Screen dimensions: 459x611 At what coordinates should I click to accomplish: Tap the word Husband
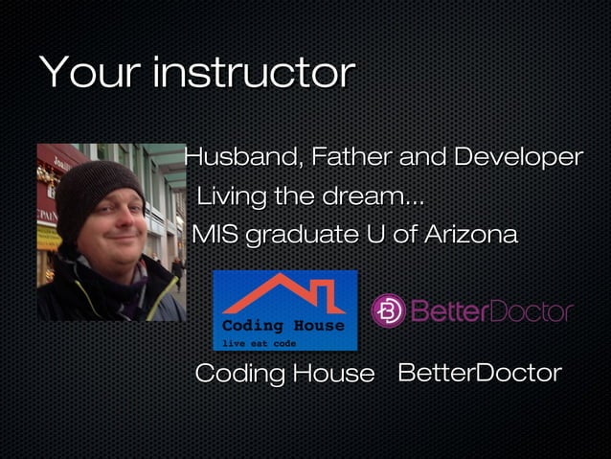pyautogui.click(x=238, y=156)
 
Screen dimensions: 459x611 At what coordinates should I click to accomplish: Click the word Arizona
pyautogui.click(x=469, y=234)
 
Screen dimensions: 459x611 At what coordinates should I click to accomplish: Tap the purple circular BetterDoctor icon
pyautogui.click(x=388, y=310)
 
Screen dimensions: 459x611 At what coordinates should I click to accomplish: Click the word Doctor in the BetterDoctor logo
pyautogui.click(x=532, y=311)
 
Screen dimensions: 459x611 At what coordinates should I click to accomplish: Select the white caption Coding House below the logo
pyautogui.click(x=283, y=374)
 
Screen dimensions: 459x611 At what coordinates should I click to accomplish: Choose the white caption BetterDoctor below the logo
pyautogui.click(x=479, y=373)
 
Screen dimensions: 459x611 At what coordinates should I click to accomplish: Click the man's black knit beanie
pyautogui.click(x=96, y=187)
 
